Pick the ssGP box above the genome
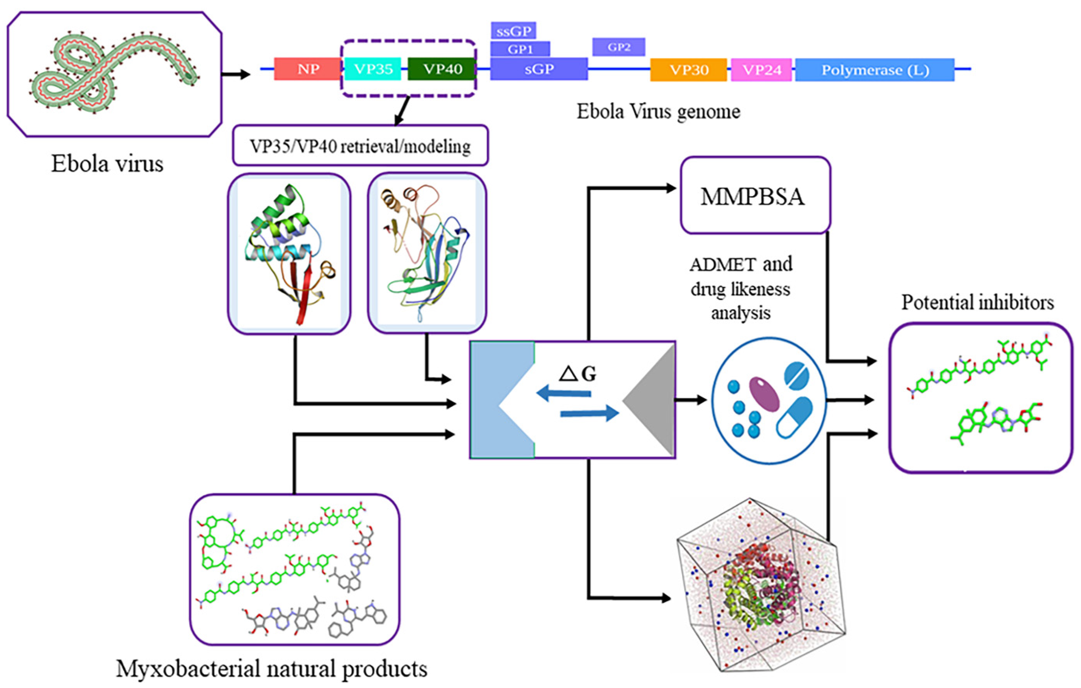point(513,31)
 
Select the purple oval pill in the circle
point(764,393)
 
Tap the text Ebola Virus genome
point(658,111)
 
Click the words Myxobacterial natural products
point(271,668)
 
